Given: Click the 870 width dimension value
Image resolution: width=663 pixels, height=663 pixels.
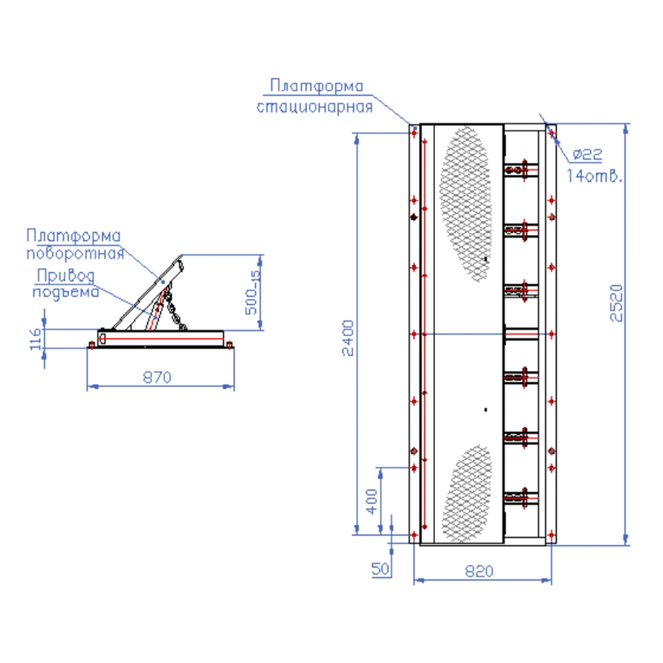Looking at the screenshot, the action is tap(157, 377).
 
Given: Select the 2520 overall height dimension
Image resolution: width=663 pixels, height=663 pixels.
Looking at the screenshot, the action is tap(616, 303).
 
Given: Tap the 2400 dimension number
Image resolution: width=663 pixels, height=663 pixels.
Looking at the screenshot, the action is tap(348, 338).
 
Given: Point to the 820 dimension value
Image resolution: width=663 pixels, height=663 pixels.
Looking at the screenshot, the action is tap(479, 571).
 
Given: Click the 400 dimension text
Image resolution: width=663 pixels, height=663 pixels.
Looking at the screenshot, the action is tap(372, 502).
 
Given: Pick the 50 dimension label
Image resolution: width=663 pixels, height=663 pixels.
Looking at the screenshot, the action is tap(380, 568).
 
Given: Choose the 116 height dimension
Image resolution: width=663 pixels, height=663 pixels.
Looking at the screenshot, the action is tap(36, 339).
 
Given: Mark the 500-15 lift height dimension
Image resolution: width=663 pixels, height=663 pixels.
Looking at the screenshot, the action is tap(253, 292).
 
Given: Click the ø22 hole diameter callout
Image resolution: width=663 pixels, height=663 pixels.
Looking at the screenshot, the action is tap(587, 154).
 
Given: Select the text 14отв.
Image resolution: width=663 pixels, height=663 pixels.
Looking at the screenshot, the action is tap(594, 175).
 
